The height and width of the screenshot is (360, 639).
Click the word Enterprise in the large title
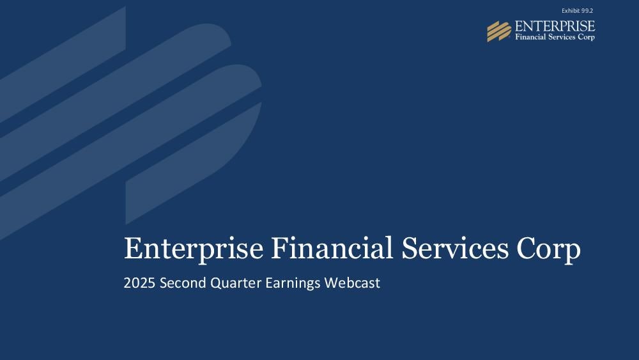194,248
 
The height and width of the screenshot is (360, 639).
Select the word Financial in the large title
332,247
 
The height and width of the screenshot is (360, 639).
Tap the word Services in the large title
455,248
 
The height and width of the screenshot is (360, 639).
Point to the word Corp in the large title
548,249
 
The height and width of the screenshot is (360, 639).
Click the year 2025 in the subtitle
139,283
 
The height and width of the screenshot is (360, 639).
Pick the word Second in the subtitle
183,283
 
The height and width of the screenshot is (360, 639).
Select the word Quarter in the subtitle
236,283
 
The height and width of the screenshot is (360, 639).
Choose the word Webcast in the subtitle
352,283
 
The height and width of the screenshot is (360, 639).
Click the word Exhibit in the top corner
571,11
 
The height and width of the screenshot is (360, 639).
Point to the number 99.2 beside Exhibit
587,11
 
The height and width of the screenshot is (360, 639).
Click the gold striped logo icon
499,31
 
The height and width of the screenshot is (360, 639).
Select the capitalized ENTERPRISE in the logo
555,26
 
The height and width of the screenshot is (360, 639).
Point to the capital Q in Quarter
216,283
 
